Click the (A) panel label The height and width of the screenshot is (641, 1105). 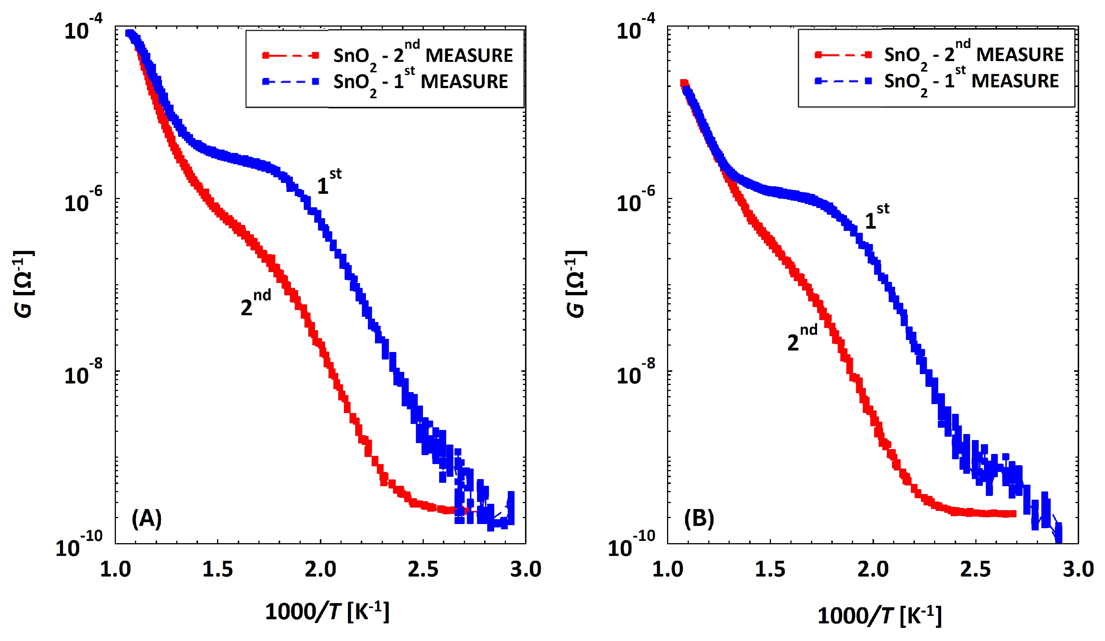coord(147,519)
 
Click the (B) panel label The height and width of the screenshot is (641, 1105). coord(699,519)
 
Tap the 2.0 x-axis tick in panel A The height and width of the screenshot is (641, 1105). coord(321,569)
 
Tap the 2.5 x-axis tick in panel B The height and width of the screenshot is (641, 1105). coord(975,569)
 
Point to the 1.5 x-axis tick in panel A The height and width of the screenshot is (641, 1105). coord(217,569)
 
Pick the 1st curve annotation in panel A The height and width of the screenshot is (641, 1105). coord(329,182)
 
